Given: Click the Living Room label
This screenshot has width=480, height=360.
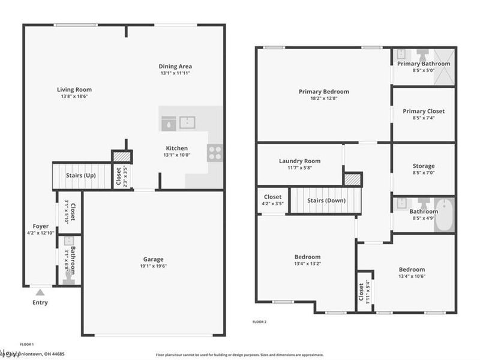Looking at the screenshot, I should (76, 89).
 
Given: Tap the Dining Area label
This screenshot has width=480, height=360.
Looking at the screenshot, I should (175, 66).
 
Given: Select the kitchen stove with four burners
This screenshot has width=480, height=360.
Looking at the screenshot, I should (214, 153).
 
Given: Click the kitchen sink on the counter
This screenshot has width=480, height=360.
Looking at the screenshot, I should (187, 123).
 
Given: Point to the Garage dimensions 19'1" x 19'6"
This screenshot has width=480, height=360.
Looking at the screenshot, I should (153, 266).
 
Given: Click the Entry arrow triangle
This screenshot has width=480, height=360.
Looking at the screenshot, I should (40, 292).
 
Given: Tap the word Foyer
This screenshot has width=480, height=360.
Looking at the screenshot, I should (40, 226).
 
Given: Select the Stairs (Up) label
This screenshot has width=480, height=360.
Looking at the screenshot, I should (81, 176).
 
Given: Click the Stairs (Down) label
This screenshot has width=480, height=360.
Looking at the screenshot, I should (326, 200).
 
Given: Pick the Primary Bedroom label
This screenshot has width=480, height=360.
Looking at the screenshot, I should (323, 92).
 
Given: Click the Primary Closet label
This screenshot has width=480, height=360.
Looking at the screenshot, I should (424, 111).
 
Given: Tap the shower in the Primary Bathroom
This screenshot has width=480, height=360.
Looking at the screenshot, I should (442, 63).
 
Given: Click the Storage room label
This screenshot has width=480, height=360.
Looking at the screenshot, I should (424, 166).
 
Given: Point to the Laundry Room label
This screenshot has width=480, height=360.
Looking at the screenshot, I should (299, 161).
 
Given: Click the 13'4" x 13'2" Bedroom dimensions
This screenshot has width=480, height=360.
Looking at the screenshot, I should (307, 263).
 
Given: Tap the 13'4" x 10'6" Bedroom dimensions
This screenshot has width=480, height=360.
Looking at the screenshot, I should (411, 277).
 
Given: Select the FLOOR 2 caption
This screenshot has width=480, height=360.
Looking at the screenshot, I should (259, 322).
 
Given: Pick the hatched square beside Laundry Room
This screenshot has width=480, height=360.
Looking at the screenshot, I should (352, 179).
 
